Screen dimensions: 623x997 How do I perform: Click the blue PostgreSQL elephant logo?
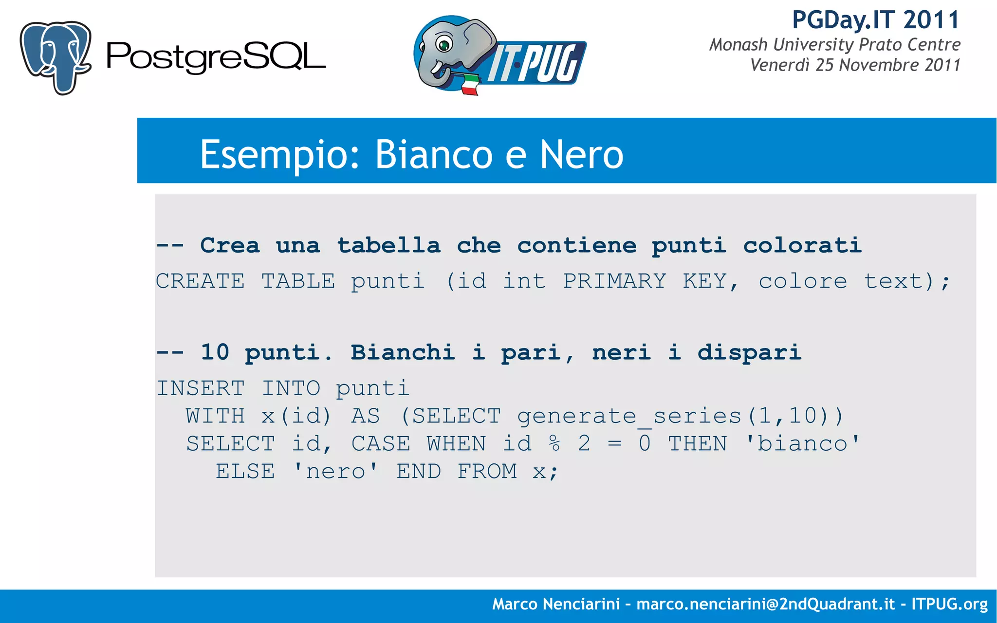(55, 56)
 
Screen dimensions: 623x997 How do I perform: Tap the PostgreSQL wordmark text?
(216, 57)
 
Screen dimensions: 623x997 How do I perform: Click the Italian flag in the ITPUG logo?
(469, 84)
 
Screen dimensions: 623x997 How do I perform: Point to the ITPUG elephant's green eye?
(444, 46)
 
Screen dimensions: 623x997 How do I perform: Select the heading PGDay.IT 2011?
(876, 20)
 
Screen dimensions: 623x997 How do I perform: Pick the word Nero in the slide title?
(582, 154)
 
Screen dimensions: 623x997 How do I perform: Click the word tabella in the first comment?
(389, 245)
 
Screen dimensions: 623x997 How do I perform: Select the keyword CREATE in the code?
(200, 281)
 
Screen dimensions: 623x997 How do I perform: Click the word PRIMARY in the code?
(614, 281)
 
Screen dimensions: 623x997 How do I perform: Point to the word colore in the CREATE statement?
(803, 281)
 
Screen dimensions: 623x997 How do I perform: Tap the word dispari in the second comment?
(749, 352)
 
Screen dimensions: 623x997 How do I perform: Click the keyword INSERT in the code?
(200, 388)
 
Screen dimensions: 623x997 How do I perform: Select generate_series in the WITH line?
(629, 416)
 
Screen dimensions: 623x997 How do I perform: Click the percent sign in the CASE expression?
(554, 443)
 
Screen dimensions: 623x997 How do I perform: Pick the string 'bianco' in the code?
(803, 443)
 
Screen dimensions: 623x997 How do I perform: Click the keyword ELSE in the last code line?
(245, 471)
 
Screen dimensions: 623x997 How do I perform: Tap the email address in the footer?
(765, 604)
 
